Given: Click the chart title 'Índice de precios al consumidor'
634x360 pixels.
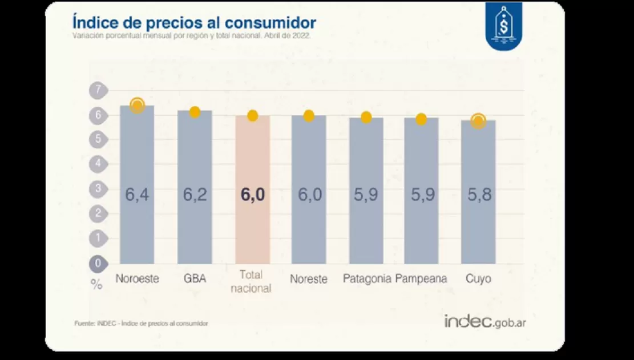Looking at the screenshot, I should [194, 22].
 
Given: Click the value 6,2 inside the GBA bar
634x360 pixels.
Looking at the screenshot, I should [195, 195].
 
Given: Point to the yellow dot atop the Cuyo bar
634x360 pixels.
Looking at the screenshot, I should [478, 121].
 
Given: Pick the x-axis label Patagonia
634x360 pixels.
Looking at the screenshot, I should [367, 279].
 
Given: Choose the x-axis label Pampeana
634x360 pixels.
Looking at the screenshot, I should [421, 279].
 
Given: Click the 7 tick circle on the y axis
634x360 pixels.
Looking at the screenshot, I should [98, 90].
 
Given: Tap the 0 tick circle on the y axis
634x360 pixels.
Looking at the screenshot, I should [98, 264].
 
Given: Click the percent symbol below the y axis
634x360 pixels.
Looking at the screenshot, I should [96, 284].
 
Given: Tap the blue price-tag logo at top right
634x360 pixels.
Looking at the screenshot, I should [503, 26].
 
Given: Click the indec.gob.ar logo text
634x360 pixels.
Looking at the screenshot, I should [485, 321].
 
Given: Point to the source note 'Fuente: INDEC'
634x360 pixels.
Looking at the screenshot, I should [141, 323].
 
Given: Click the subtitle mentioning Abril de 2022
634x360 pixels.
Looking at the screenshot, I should [191, 35].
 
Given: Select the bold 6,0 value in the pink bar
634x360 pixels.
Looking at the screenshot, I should [252, 195].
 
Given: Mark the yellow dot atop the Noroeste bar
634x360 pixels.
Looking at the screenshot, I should [137, 106].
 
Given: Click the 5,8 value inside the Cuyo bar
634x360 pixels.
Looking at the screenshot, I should [478, 195].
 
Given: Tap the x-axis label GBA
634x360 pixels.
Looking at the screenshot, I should [195, 279].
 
